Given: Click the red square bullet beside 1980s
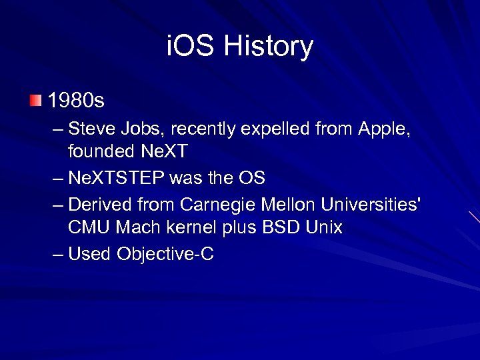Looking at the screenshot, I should point(35,101).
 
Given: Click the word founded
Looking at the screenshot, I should point(100,151).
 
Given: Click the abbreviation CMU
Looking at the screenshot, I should point(89,227).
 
